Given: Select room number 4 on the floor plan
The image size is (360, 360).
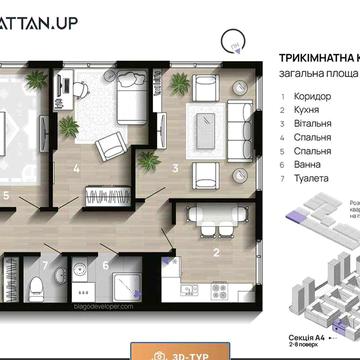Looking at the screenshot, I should [77, 168].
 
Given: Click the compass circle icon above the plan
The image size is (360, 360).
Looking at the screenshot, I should [234, 39].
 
